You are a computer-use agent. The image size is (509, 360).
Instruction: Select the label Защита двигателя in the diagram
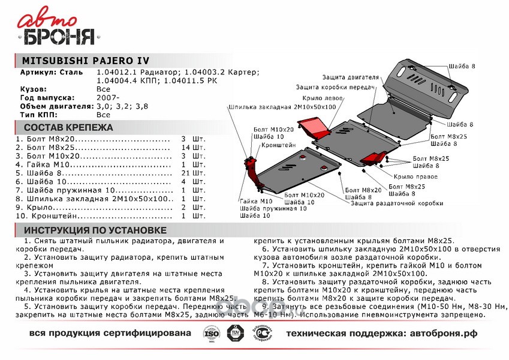tap(350, 77)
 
